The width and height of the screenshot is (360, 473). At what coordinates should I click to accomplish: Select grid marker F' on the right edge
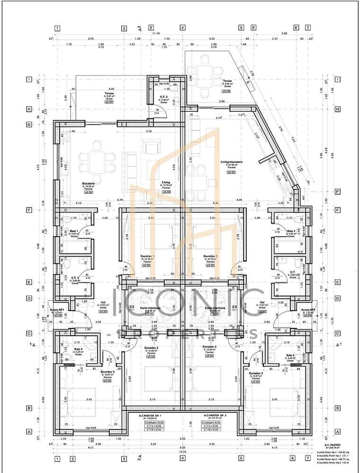click(324, 192)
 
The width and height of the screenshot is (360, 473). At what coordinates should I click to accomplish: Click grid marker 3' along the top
click(151, 28)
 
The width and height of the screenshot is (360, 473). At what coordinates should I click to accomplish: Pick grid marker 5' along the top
click(254, 28)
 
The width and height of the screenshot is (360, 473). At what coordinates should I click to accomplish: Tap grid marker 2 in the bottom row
click(72, 458)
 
